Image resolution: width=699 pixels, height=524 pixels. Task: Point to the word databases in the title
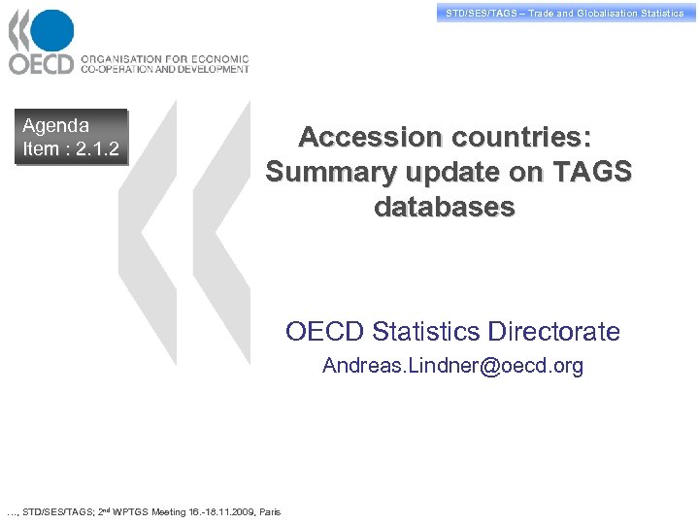tap(444, 208)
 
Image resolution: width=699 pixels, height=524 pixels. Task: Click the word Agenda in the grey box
tap(55, 125)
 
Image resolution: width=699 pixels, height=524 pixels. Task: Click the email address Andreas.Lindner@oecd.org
tap(452, 366)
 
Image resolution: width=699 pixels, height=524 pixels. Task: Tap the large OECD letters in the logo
tap(41, 64)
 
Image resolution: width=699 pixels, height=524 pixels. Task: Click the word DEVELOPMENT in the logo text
tap(206, 69)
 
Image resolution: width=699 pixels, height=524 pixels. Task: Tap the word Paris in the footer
tap(270, 512)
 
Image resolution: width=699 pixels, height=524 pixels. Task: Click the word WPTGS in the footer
tap(128, 512)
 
